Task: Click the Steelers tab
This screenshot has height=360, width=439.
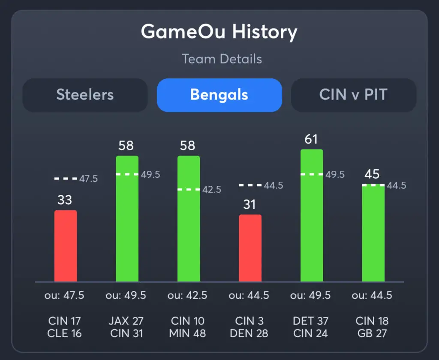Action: tap(85, 95)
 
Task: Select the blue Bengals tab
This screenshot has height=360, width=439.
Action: tap(219, 95)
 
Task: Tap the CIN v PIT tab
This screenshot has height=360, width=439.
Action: tap(353, 95)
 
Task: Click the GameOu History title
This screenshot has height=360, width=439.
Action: tap(219, 32)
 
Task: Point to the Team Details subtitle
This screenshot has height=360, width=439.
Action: tap(222, 59)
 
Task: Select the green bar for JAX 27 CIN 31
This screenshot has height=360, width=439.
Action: tap(127, 219)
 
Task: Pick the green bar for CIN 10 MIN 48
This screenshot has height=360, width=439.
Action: tap(189, 219)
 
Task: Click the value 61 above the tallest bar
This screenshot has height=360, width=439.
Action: tap(312, 140)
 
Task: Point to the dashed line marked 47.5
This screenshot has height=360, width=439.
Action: tap(66, 178)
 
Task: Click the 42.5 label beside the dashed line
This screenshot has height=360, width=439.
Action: tap(212, 189)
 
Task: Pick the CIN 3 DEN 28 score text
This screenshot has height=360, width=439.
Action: tap(250, 327)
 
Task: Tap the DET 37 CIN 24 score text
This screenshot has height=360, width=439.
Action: tap(311, 327)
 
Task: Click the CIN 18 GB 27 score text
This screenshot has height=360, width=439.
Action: tap(373, 327)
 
